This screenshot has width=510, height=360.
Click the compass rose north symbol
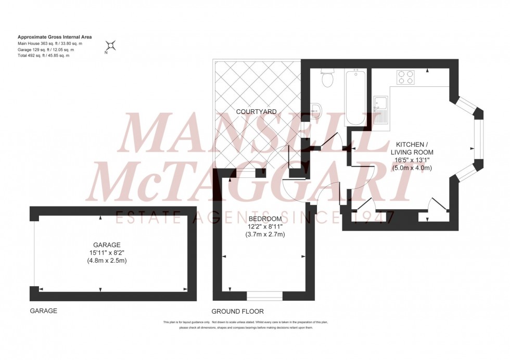point(111,46)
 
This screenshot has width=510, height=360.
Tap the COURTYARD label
point(256,111)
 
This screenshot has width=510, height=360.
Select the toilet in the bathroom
point(327,79)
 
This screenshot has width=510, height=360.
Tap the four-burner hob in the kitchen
point(406,77)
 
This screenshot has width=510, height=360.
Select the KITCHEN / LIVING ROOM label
point(414,148)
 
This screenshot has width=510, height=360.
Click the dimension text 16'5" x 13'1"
point(414,160)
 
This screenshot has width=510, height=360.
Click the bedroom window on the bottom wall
point(264,296)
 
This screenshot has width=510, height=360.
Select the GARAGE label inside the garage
point(107,245)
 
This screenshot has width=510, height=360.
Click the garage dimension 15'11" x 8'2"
point(107,253)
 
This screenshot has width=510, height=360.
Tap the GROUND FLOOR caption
point(237,311)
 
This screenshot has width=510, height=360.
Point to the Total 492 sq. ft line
point(43,55)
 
